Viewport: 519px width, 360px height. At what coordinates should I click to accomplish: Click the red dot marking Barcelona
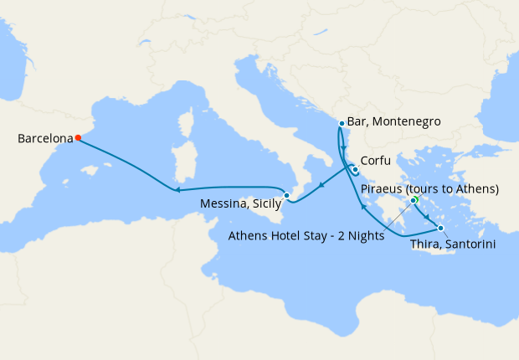pos(78,138)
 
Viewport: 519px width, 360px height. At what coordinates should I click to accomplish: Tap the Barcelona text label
pos(44,139)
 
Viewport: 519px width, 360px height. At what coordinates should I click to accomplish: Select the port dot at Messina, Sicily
pos(287,196)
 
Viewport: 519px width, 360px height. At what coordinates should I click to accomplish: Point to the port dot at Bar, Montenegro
pos(342,124)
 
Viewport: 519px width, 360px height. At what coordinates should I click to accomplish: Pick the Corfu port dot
pos(355,170)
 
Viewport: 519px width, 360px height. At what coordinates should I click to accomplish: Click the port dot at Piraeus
pos(414,201)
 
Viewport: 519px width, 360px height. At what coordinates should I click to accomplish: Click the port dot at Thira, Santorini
pos(440,228)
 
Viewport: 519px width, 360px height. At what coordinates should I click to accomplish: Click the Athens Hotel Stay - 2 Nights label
pos(306,236)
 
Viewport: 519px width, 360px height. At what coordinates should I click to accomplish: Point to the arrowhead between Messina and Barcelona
pos(178,190)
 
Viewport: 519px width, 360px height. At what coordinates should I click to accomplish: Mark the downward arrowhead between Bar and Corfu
pos(344,147)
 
